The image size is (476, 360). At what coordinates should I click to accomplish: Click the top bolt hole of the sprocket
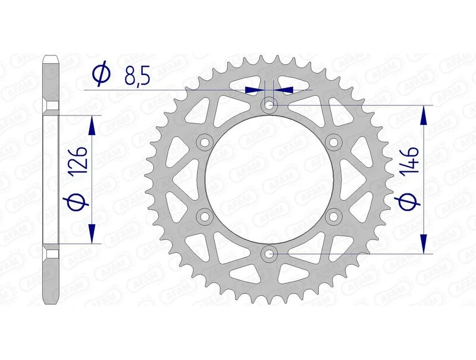tap(270, 105)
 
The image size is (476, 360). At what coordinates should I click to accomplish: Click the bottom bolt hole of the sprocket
tap(270, 254)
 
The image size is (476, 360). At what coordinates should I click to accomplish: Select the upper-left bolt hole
tap(205, 142)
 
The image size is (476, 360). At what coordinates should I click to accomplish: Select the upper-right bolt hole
tap(333, 142)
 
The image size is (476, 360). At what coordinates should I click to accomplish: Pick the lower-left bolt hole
tap(205, 217)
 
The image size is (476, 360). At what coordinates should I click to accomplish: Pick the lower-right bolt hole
tap(333, 217)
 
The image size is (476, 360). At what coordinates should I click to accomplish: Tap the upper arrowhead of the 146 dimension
tap(424, 116)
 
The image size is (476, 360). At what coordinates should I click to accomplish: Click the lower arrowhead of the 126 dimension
tap(92, 234)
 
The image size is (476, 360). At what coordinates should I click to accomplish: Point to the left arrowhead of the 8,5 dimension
tap(255, 90)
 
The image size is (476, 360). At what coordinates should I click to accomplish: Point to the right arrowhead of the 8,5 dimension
tap(284, 90)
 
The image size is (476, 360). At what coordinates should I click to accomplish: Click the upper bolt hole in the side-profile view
tap(52, 107)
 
